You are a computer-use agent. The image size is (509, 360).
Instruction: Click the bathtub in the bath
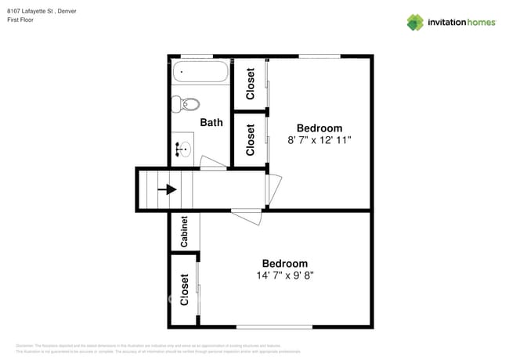(200, 74)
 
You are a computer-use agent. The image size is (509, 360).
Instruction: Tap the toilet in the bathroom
(186, 103)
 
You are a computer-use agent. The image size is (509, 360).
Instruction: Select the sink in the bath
(183, 148)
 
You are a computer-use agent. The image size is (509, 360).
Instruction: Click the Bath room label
(211, 122)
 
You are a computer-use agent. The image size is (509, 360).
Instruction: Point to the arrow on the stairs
(167, 189)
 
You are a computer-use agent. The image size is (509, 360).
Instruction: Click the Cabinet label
(184, 232)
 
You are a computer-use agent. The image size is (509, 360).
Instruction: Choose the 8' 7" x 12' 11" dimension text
(319, 140)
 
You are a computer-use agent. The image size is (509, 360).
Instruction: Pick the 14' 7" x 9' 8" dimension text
(284, 275)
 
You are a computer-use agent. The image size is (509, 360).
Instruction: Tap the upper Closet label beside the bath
(251, 84)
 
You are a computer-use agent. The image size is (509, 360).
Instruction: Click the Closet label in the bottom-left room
(185, 289)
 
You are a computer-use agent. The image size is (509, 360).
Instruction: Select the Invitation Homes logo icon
(414, 22)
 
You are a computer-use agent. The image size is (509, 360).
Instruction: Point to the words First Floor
(23, 20)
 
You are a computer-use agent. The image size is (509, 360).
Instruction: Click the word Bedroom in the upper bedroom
(319, 128)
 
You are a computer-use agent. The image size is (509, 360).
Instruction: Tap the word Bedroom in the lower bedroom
(284, 264)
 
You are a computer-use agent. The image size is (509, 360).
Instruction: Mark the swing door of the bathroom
(212, 164)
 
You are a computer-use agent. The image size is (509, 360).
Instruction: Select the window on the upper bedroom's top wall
(319, 56)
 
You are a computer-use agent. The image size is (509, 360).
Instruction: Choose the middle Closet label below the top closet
(251, 140)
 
